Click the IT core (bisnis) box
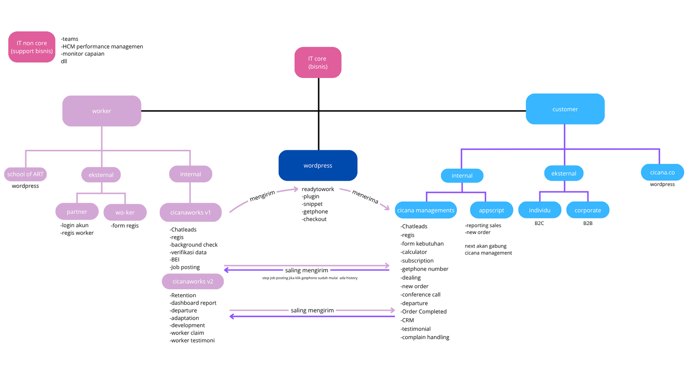[318, 62]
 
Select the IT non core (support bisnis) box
[32, 47]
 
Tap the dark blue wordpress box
[318, 166]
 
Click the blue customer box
[565, 109]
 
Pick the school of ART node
[26, 174]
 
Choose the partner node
[77, 212]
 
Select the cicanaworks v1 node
[190, 212]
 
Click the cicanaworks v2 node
[193, 281]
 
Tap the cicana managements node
[426, 210]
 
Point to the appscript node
[491, 210]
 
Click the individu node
[540, 210]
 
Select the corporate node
[588, 210]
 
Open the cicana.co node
[662, 172]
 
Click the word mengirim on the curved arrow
[262, 195]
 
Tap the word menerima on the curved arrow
[365, 197]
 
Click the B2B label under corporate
[588, 223]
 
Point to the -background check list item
[193, 244]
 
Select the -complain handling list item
[425, 338]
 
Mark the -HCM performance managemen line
[102, 46]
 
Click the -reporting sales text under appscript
[483, 225]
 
